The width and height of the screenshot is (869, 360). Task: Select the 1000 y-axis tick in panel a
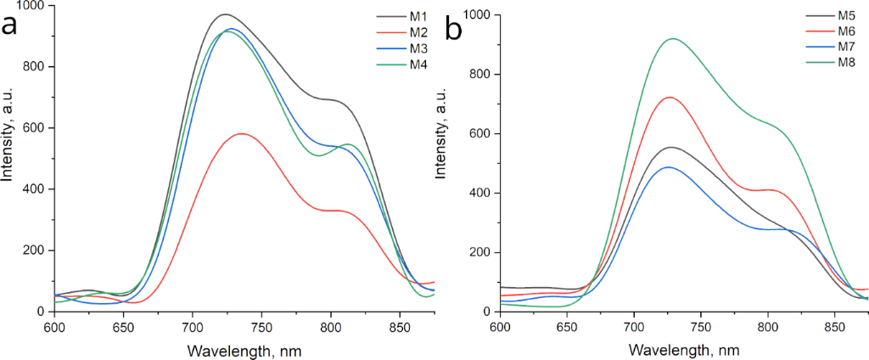click(37, 6)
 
